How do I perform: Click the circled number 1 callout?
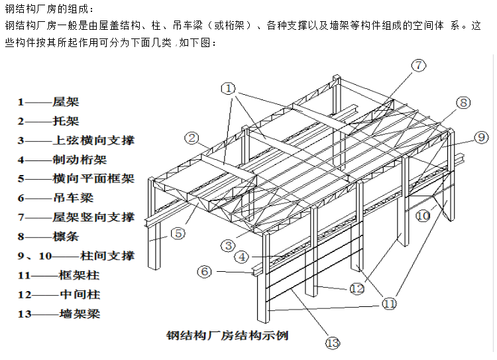[x=229, y=88]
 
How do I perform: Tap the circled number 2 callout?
[x=192, y=138]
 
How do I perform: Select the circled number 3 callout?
[x=228, y=245]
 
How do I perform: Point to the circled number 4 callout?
[x=243, y=257]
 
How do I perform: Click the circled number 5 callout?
[x=177, y=233]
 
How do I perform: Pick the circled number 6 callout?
[x=205, y=271]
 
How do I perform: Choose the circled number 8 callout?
[x=463, y=102]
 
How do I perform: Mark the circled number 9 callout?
[x=480, y=138]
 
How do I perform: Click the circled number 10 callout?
[x=423, y=215]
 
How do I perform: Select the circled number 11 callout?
[x=389, y=304]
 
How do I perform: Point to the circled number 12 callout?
[x=357, y=288]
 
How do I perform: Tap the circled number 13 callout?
[x=332, y=343]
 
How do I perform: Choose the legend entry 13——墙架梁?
[x=59, y=314]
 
